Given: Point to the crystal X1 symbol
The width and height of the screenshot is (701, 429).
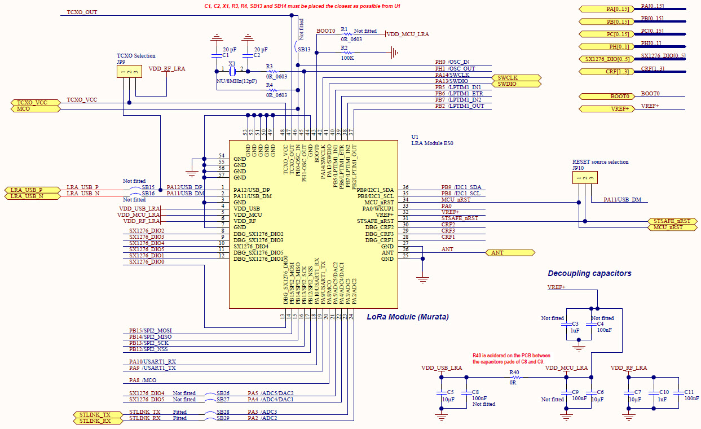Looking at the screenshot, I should (232, 72).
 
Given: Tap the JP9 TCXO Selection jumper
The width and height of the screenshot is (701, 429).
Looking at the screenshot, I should (129, 73).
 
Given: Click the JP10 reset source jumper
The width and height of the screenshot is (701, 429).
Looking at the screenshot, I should (585, 178).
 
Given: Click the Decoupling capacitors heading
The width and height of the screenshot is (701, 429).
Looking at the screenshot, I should (589, 274).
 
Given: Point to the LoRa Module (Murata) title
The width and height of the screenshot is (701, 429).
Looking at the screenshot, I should (407, 317).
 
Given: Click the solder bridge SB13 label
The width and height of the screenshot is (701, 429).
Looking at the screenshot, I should (304, 50).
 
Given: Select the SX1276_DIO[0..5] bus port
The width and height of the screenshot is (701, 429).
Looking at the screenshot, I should (607, 59).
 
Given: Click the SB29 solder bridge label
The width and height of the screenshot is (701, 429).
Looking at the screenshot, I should (223, 418).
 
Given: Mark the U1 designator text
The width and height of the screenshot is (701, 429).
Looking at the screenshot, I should (415, 137).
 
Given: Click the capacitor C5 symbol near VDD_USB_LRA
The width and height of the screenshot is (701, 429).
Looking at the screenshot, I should (440, 392).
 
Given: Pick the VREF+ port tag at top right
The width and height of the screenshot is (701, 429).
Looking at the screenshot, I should (607, 109).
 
